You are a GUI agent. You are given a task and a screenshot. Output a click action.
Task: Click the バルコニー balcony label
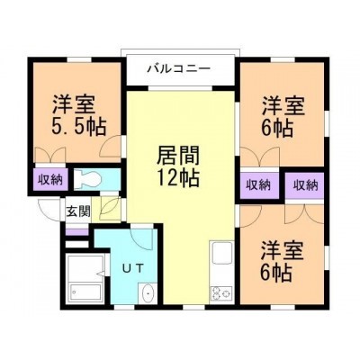point(178,69)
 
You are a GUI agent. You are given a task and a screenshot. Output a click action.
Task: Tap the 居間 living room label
point(178,155)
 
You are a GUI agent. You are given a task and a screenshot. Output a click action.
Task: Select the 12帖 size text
point(178,177)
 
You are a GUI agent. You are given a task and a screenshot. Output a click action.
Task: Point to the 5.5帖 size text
point(79,127)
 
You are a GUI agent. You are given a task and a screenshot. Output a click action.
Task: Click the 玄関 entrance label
point(78,211)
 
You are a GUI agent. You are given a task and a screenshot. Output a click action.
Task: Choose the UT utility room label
point(134,267)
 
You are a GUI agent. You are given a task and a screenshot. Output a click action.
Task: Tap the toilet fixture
point(87,179)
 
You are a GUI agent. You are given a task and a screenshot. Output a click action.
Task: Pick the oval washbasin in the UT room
point(148,292)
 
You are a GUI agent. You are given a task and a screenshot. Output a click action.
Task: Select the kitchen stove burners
point(221,293)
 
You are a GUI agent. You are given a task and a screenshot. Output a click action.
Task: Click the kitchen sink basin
point(222,252)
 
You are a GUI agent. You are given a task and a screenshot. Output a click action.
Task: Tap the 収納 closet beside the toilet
point(49,180)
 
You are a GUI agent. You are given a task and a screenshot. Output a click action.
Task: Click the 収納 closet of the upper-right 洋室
point(259,185)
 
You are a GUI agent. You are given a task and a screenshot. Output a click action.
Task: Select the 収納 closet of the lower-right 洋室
point(305,185)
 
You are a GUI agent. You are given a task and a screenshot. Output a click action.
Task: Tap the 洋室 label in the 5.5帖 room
point(75,104)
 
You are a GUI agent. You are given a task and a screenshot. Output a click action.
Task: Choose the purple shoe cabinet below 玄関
point(76,232)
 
